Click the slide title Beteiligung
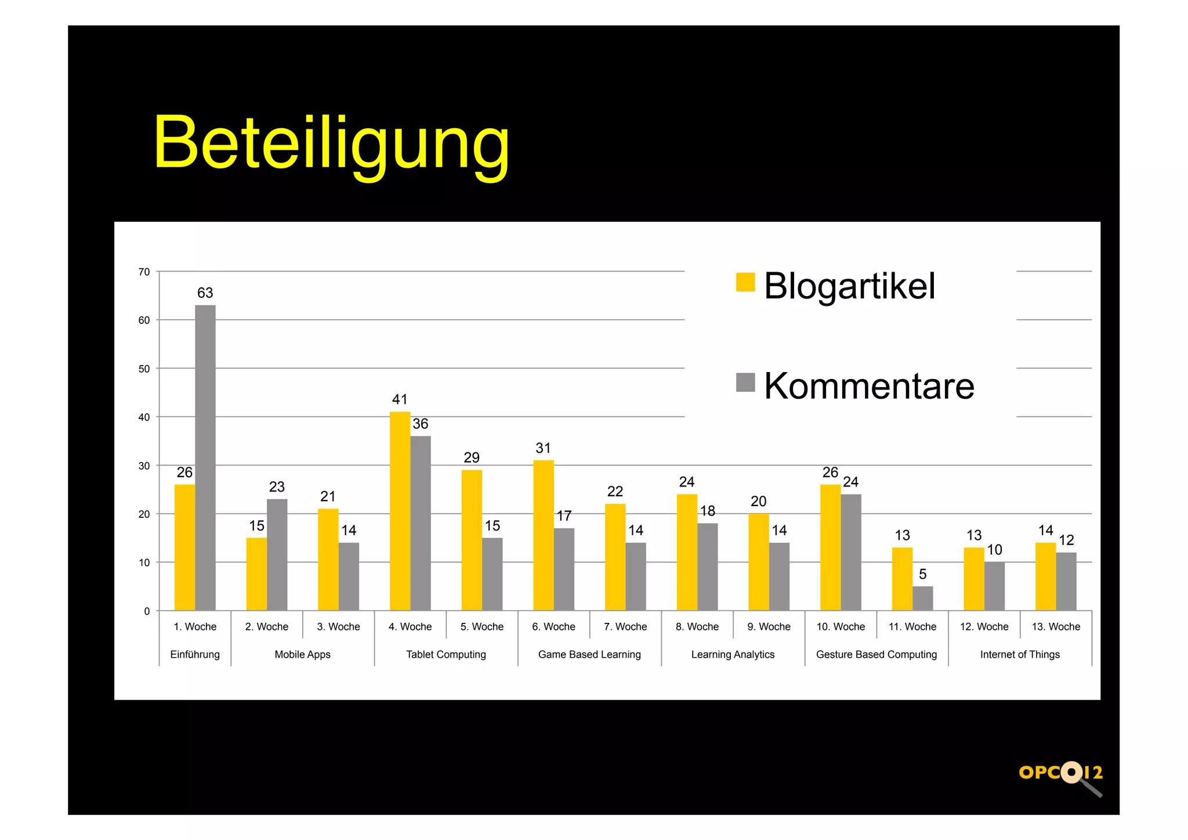331,143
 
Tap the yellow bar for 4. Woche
400,511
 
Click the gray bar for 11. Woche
922,598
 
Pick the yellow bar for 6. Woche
544,535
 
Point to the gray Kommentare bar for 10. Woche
851,552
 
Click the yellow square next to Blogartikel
745,282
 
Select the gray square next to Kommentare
745,383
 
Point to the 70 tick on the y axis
144,272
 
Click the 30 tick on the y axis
144,466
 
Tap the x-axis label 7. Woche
625,626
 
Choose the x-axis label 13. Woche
1056,626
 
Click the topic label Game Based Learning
589,654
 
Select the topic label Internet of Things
1020,654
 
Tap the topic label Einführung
195,654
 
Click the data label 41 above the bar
400,399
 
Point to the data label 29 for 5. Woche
472,457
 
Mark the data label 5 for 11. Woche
922,574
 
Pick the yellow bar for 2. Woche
256,574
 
